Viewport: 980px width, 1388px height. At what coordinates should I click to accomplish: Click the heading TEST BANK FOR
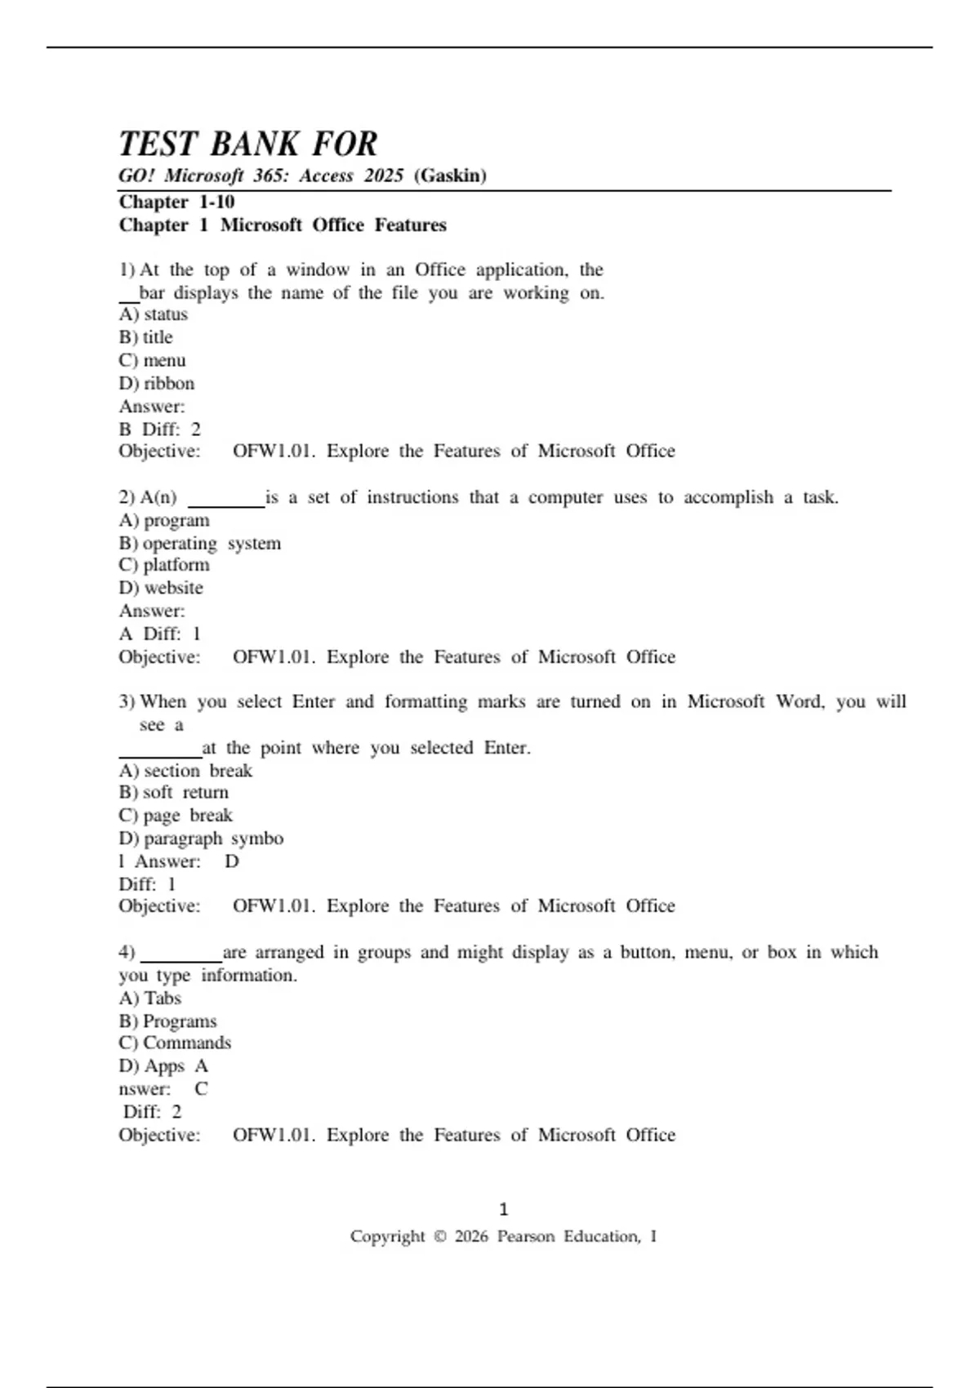pos(248,145)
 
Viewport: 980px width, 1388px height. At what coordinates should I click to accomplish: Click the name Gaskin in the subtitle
pos(450,176)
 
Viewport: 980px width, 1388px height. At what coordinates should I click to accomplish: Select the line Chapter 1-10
pos(176,202)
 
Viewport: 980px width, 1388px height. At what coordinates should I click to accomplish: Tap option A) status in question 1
pos(154,314)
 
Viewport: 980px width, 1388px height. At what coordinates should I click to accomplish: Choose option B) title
pos(146,337)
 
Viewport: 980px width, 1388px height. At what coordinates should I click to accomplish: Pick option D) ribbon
pos(157,383)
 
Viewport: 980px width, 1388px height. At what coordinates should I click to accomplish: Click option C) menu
pos(153,360)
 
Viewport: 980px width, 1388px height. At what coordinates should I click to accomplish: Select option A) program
pos(164,520)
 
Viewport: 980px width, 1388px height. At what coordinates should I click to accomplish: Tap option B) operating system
pos(200,543)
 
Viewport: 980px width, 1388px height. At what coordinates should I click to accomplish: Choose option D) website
pos(161,588)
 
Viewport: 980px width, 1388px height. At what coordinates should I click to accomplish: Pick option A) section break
pos(185,771)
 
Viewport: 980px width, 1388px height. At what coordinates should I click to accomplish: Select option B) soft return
pos(174,792)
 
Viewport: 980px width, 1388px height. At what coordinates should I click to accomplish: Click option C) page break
pos(176,815)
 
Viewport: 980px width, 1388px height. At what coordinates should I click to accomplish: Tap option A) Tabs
pos(150,998)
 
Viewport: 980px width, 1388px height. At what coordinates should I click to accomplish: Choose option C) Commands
pos(175,1043)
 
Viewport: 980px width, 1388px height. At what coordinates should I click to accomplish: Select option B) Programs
pos(168,1021)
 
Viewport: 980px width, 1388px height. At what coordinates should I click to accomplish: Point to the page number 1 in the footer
pos(503,1209)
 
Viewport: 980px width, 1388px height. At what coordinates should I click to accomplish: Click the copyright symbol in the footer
pos(439,1237)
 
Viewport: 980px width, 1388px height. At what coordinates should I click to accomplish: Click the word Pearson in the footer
pos(526,1237)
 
